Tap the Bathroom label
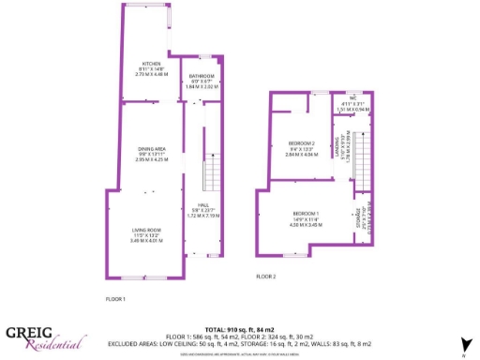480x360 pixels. [x=202, y=76]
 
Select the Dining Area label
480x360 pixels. [x=151, y=149]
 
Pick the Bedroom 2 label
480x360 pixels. [x=302, y=142]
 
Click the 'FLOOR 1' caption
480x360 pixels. [x=116, y=298]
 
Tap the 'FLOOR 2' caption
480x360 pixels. [x=266, y=277]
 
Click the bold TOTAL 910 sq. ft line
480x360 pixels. [x=239, y=329]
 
